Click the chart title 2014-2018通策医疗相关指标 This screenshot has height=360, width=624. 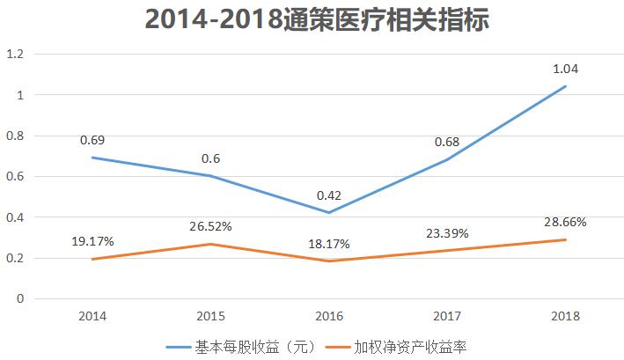(x=312, y=19)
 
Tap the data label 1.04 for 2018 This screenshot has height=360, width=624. (x=565, y=68)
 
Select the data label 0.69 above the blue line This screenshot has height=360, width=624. (x=92, y=139)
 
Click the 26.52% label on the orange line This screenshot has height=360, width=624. (x=210, y=226)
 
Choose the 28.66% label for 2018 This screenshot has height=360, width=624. (x=565, y=222)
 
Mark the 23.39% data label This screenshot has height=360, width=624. (x=447, y=232)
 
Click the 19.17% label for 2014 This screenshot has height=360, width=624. (x=92, y=240)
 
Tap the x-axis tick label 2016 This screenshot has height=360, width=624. (x=329, y=315)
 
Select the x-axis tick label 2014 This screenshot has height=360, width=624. (x=92, y=315)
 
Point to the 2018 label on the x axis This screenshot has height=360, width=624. (x=565, y=315)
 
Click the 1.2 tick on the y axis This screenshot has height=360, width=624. (x=15, y=54)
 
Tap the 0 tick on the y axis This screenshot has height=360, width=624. (x=19, y=298)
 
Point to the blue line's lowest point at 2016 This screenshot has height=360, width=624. (x=329, y=212)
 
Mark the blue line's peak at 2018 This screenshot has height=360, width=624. (x=565, y=86)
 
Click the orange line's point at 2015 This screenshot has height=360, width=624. (x=210, y=244)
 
